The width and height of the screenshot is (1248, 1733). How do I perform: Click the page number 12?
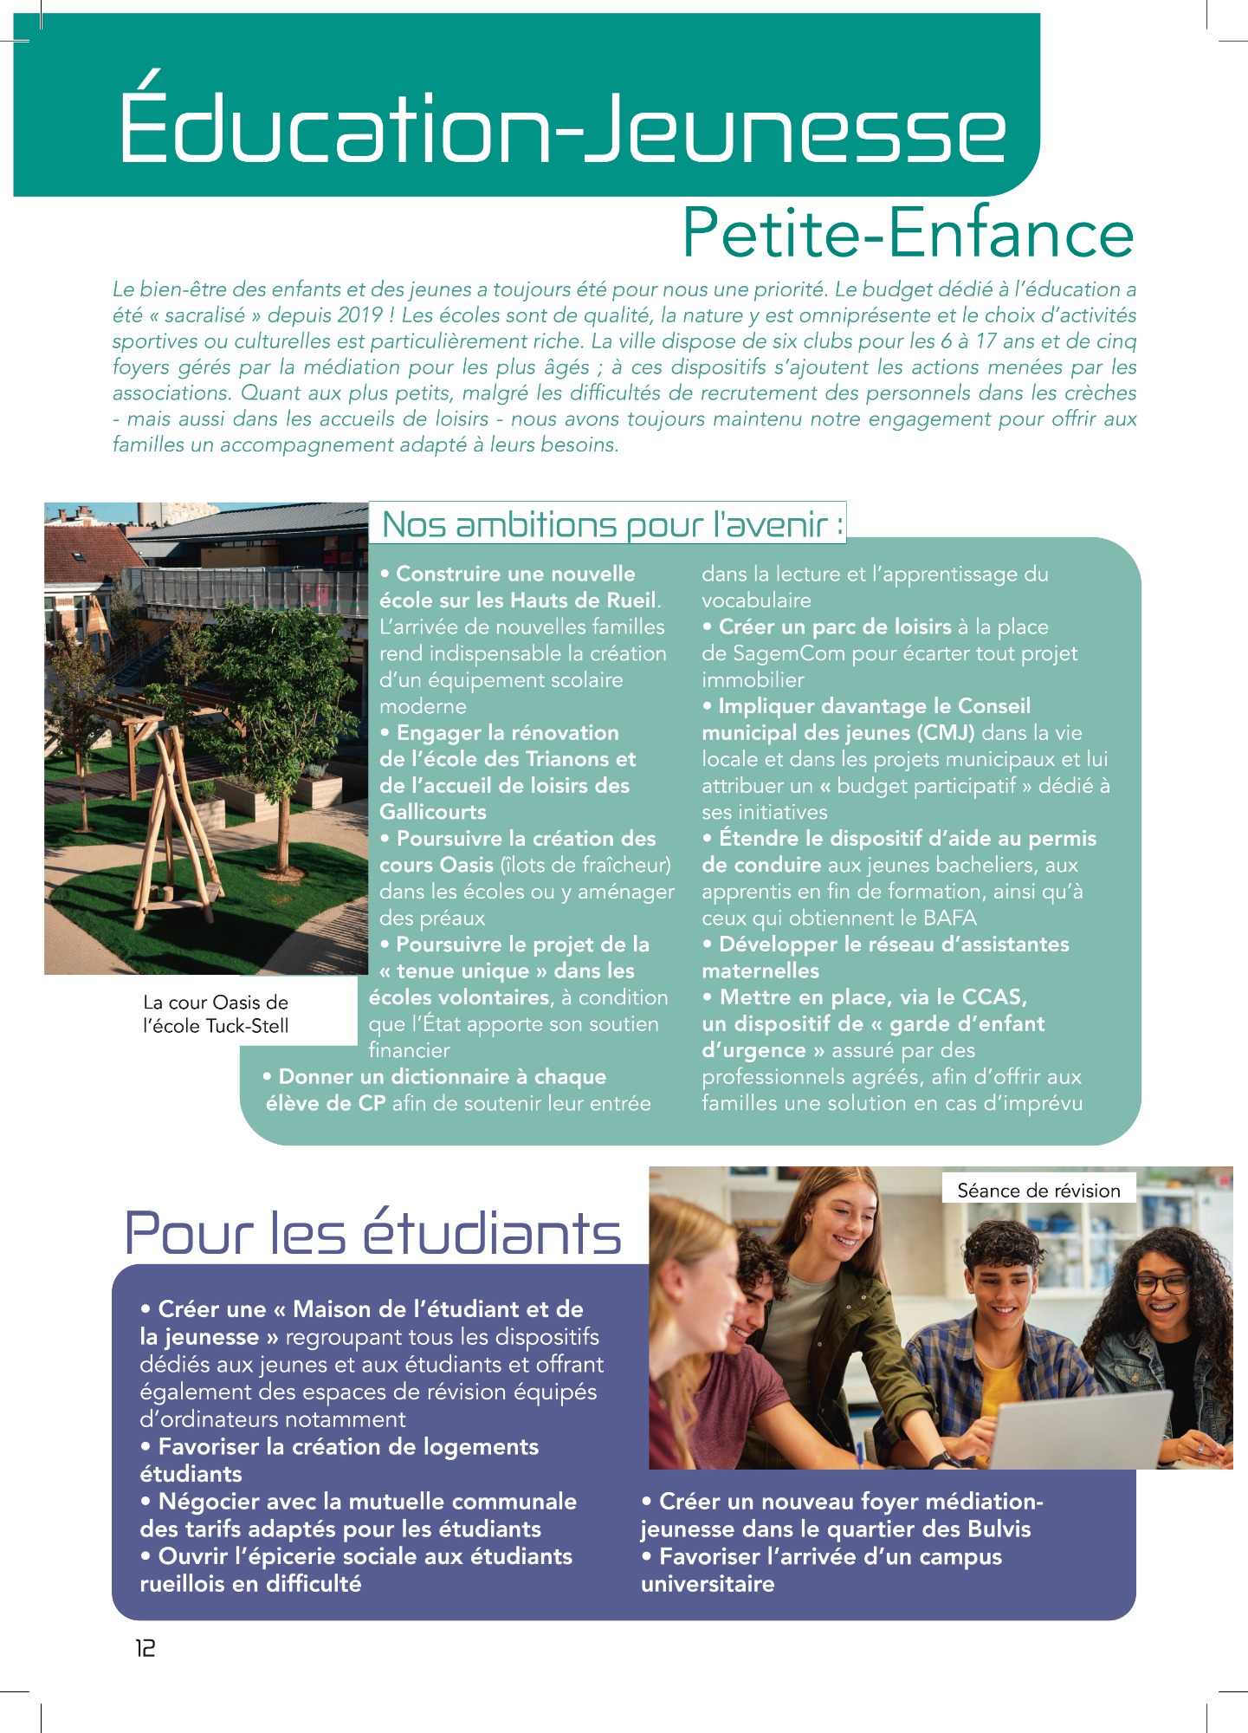point(145,1648)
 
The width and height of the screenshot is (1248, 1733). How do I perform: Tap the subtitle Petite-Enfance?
point(908,233)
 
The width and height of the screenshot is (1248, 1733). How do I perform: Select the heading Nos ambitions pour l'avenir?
point(611,524)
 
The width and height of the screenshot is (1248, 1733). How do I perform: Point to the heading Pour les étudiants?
point(373,1233)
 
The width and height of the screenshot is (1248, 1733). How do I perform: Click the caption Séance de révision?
point(1038,1191)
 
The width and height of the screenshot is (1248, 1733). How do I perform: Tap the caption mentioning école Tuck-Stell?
point(216,1014)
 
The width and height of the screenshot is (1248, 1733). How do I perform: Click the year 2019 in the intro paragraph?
point(360,315)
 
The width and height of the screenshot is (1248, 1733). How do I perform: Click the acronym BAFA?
point(949,918)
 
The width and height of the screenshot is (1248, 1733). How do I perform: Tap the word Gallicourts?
point(433,812)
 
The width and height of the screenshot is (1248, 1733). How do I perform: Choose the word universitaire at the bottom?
point(708,1584)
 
